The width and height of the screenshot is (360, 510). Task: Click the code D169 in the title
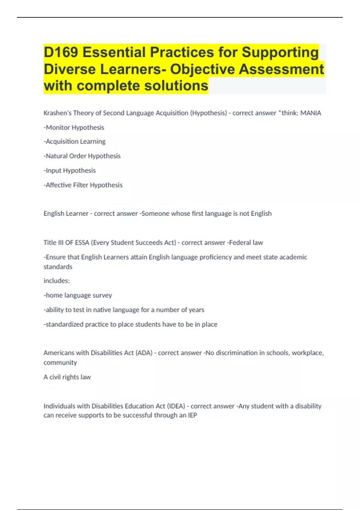coord(61,52)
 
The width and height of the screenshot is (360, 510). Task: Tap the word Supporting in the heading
coord(280,52)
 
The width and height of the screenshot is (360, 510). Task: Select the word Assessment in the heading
coord(281,69)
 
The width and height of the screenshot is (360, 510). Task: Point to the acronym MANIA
coord(311,113)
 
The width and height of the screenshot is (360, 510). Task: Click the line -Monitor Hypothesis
coord(74,127)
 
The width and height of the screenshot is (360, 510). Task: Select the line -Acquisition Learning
coord(74,141)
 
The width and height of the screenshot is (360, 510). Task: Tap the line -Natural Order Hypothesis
coord(82,156)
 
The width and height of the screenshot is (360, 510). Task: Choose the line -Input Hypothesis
coord(70,170)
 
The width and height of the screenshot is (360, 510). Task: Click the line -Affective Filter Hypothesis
coord(83,185)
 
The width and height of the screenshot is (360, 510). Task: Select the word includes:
coord(57,281)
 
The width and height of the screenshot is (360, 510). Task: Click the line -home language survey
coord(78,295)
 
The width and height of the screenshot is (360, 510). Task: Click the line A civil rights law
coord(67,377)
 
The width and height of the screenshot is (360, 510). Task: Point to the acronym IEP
coord(192,415)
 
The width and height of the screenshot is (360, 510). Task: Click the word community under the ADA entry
coord(60,363)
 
